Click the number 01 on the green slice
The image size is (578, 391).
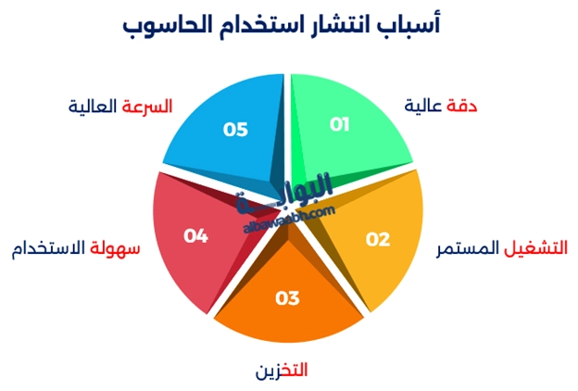[339, 124]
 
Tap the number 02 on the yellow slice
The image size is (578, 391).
[378, 239]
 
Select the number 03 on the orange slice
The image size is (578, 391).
[288, 297]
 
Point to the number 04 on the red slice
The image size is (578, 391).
[195, 236]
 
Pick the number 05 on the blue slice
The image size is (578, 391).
[235, 129]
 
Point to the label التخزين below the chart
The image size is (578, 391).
[282, 371]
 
